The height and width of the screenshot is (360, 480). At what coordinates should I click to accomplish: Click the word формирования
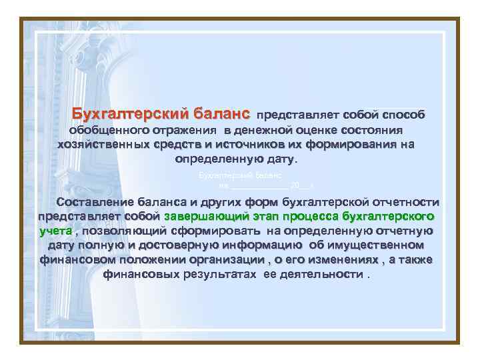point(343,145)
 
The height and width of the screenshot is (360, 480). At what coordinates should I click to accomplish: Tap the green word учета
point(55,231)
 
